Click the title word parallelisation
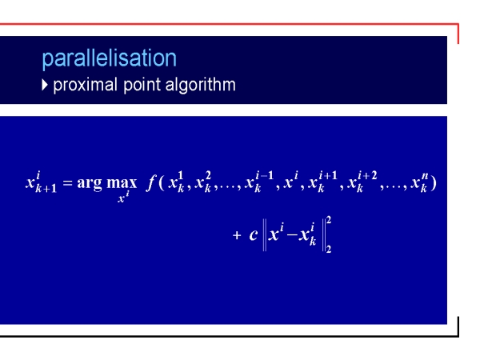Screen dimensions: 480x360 [110, 58]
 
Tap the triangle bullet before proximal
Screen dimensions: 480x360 [45, 85]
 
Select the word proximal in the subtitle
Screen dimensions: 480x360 [85, 85]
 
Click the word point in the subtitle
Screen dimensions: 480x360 [142, 85]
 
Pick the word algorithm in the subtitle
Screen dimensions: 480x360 [201, 85]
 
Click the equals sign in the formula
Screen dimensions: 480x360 [67, 182]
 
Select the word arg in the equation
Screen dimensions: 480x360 [90, 184]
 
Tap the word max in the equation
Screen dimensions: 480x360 [122, 182]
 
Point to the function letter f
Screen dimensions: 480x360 [151, 182]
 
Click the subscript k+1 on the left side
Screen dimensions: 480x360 [46, 188]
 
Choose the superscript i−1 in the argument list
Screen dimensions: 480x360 [265, 176]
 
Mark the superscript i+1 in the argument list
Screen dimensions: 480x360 [328, 176]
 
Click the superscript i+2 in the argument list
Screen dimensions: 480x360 [367, 176]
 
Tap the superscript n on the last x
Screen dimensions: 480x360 [425, 176]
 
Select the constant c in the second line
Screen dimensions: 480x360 [254, 235]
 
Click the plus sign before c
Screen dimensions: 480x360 [237, 235]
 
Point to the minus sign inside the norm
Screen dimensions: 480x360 [292, 235]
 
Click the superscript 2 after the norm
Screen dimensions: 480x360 [329, 220]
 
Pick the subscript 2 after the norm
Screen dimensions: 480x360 [329, 249]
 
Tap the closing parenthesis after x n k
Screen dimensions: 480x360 [433, 182]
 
